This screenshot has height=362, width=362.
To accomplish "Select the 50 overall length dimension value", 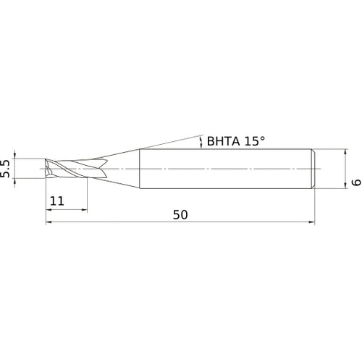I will (x=181, y=215).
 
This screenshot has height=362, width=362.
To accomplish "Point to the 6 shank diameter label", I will (x=355, y=184).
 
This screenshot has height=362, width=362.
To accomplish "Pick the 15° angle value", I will (x=257, y=143).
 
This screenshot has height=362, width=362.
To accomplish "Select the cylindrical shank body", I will (x=224, y=169).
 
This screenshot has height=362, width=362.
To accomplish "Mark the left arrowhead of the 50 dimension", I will (x=49, y=222).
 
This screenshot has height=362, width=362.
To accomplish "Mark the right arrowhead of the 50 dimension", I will (x=313, y=222).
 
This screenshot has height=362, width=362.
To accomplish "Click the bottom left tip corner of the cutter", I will (x=46, y=177).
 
